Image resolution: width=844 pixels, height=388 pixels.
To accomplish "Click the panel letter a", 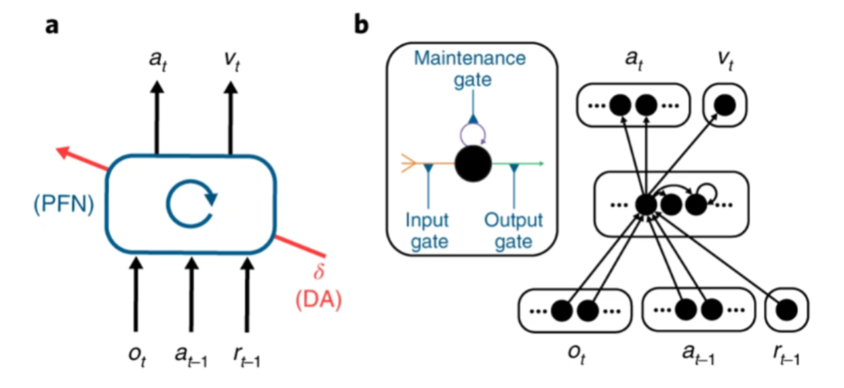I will click(50, 26).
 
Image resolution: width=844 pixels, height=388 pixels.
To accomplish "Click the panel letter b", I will click(363, 26).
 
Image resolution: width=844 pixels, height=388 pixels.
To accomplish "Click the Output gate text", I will click(514, 231).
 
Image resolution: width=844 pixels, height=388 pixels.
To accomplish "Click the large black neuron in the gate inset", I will click(474, 165).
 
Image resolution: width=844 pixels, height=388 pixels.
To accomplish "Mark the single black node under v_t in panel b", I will click(725, 105).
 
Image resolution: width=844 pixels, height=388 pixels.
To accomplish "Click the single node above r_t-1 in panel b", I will click(786, 310).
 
